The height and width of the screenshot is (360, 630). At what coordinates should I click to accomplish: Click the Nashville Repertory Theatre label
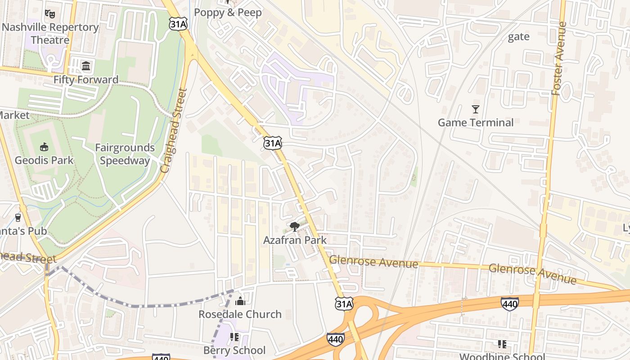click(50, 33)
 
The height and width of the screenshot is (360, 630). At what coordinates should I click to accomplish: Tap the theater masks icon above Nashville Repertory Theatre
click(50, 14)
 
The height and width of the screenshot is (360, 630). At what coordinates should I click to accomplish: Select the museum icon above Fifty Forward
click(86, 67)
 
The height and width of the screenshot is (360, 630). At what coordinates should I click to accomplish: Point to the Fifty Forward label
click(85, 80)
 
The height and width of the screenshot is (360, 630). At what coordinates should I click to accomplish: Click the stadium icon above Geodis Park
click(44, 147)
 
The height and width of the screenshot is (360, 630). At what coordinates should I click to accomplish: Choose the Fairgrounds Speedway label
click(125, 154)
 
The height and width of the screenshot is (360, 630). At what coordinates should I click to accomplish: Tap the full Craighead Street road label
click(174, 130)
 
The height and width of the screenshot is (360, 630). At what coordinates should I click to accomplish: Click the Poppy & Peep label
click(228, 13)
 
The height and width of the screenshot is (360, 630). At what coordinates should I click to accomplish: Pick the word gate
click(518, 36)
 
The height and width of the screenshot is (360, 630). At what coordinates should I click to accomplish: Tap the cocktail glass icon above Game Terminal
click(475, 109)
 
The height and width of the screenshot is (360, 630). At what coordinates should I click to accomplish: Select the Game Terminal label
click(475, 122)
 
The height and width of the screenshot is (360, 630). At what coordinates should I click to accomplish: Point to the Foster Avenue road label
click(558, 58)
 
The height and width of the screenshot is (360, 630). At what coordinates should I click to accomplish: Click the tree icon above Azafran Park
click(295, 226)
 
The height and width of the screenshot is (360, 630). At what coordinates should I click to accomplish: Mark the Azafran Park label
click(295, 240)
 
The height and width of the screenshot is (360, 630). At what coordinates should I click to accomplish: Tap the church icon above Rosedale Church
click(240, 301)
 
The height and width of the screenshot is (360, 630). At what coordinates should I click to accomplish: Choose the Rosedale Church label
click(240, 314)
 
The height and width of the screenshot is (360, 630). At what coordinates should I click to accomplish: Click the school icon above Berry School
click(234, 337)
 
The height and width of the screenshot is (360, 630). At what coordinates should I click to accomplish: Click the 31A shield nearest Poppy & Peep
click(178, 24)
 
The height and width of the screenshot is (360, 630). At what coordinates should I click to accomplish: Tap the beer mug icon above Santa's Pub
click(18, 218)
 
